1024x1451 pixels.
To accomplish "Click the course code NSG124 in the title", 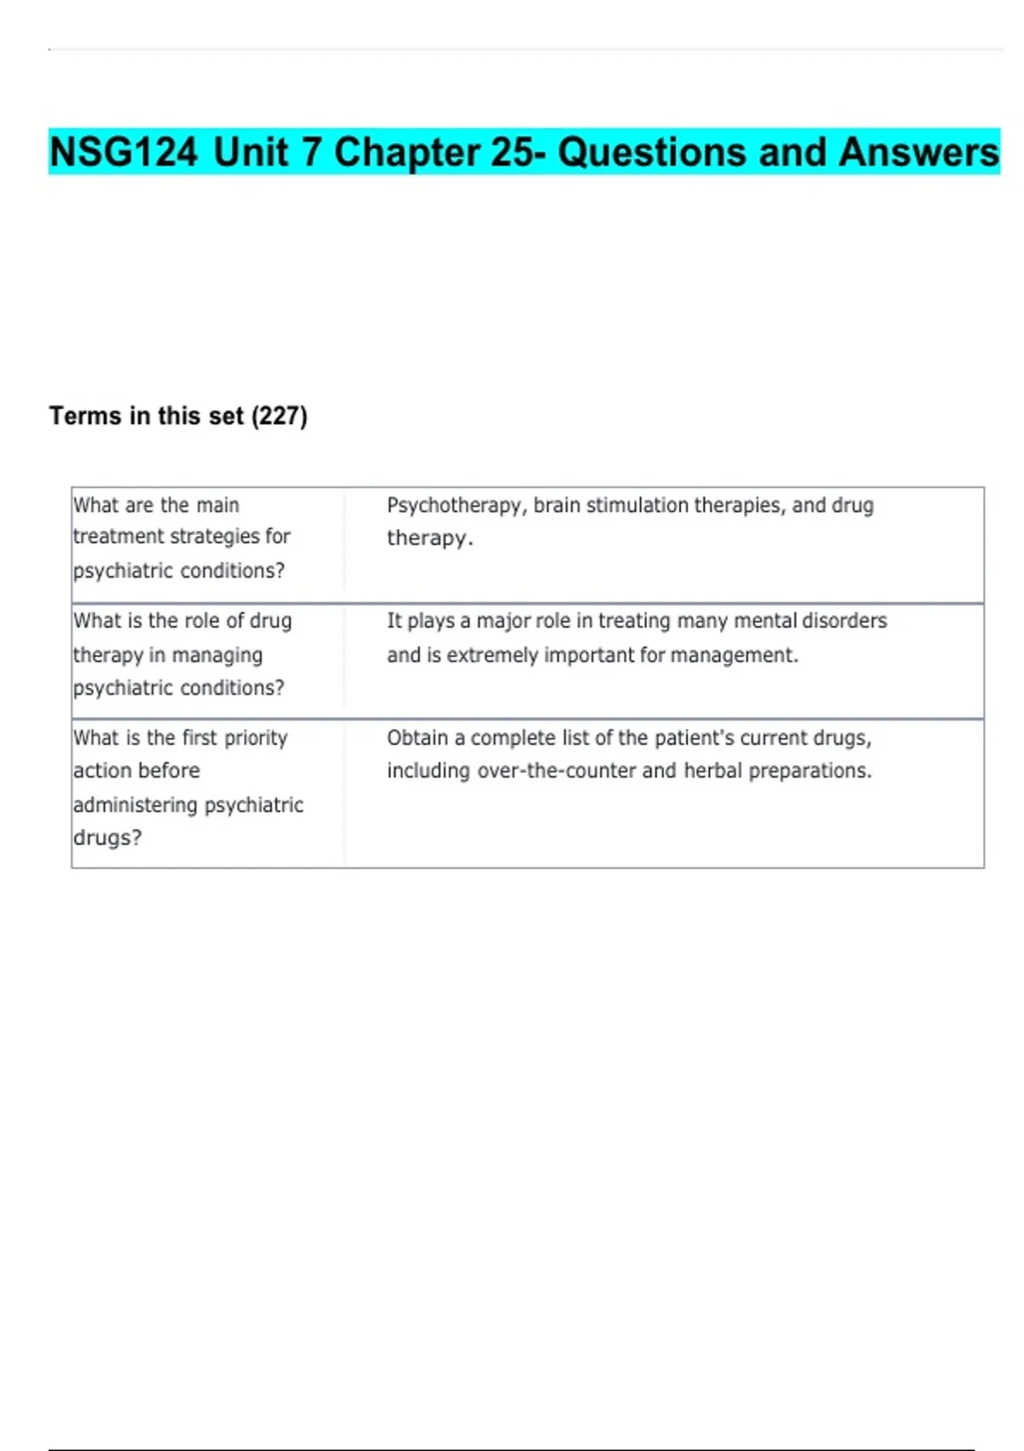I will [x=123, y=152].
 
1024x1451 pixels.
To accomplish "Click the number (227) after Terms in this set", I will [x=279, y=416].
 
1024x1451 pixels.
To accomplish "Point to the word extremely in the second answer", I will [x=492, y=655].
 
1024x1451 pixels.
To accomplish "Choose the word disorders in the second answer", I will [x=844, y=621].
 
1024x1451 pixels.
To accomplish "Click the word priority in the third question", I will [x=255, y=737].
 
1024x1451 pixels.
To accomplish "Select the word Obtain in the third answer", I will [x=416, y=737].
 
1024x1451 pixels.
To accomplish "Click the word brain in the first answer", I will [x=556, y=505].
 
